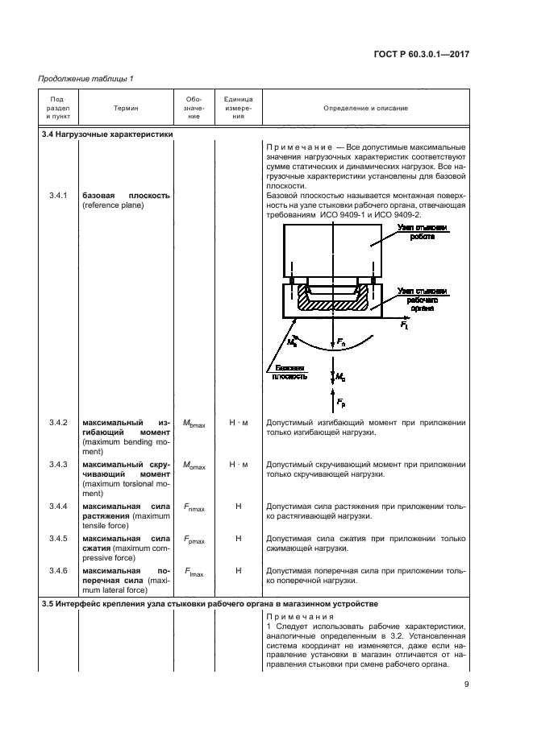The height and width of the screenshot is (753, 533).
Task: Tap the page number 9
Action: click(x=467, y=685)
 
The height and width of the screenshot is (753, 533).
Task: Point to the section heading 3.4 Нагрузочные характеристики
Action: click(x=107, y=134)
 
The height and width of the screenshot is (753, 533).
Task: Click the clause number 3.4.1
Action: click(x=57, y=196)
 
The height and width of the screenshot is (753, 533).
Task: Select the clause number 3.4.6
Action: click(x=57, y=570)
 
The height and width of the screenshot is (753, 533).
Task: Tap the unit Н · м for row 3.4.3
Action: click(x=238, y=464)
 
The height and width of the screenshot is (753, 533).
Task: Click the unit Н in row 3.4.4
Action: click(x=238, y=506)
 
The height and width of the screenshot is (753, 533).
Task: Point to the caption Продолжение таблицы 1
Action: click(x=85, y=78)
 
